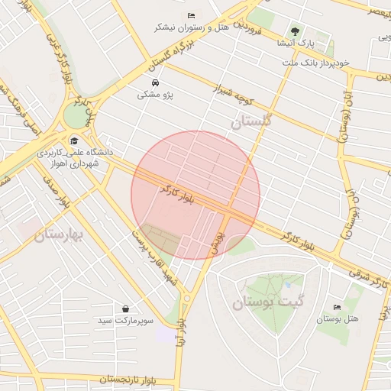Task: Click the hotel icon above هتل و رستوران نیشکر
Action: [x=191, y=15]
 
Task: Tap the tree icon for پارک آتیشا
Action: [x=295, y=31]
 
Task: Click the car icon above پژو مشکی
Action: [x=155, y=82]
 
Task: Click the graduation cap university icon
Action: [x=74, y=141]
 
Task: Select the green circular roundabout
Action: [x=76, y=116]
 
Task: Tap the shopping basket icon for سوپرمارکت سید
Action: [x=125, y=309]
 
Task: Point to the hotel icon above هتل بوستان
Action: [x=337, y=307]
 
